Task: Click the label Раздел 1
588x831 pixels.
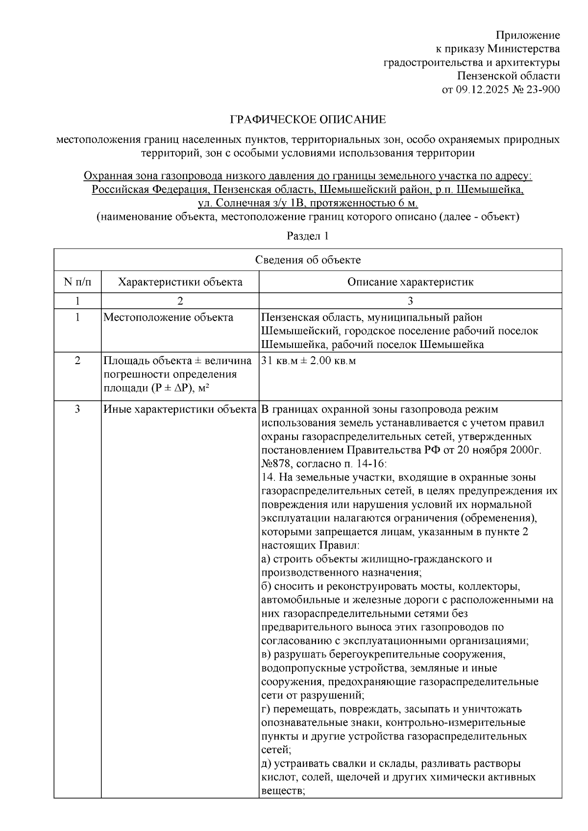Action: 307,236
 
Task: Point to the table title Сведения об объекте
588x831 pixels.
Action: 308,260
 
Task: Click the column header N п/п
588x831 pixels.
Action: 77,282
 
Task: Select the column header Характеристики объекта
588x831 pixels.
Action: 180,282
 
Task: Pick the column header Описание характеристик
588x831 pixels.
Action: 410,282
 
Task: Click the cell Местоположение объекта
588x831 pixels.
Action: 169,317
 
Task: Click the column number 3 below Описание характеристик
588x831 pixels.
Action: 410,300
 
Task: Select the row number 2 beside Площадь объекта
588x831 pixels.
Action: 77,361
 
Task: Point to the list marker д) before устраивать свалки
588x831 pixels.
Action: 267,763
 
